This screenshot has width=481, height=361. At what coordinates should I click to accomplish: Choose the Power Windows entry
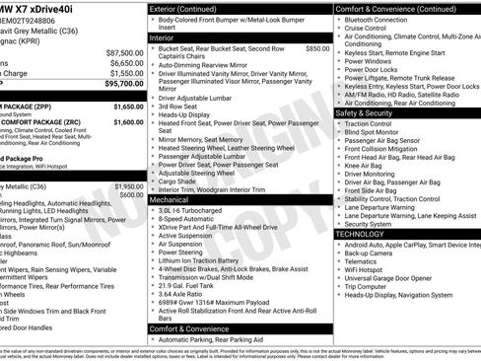371,61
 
